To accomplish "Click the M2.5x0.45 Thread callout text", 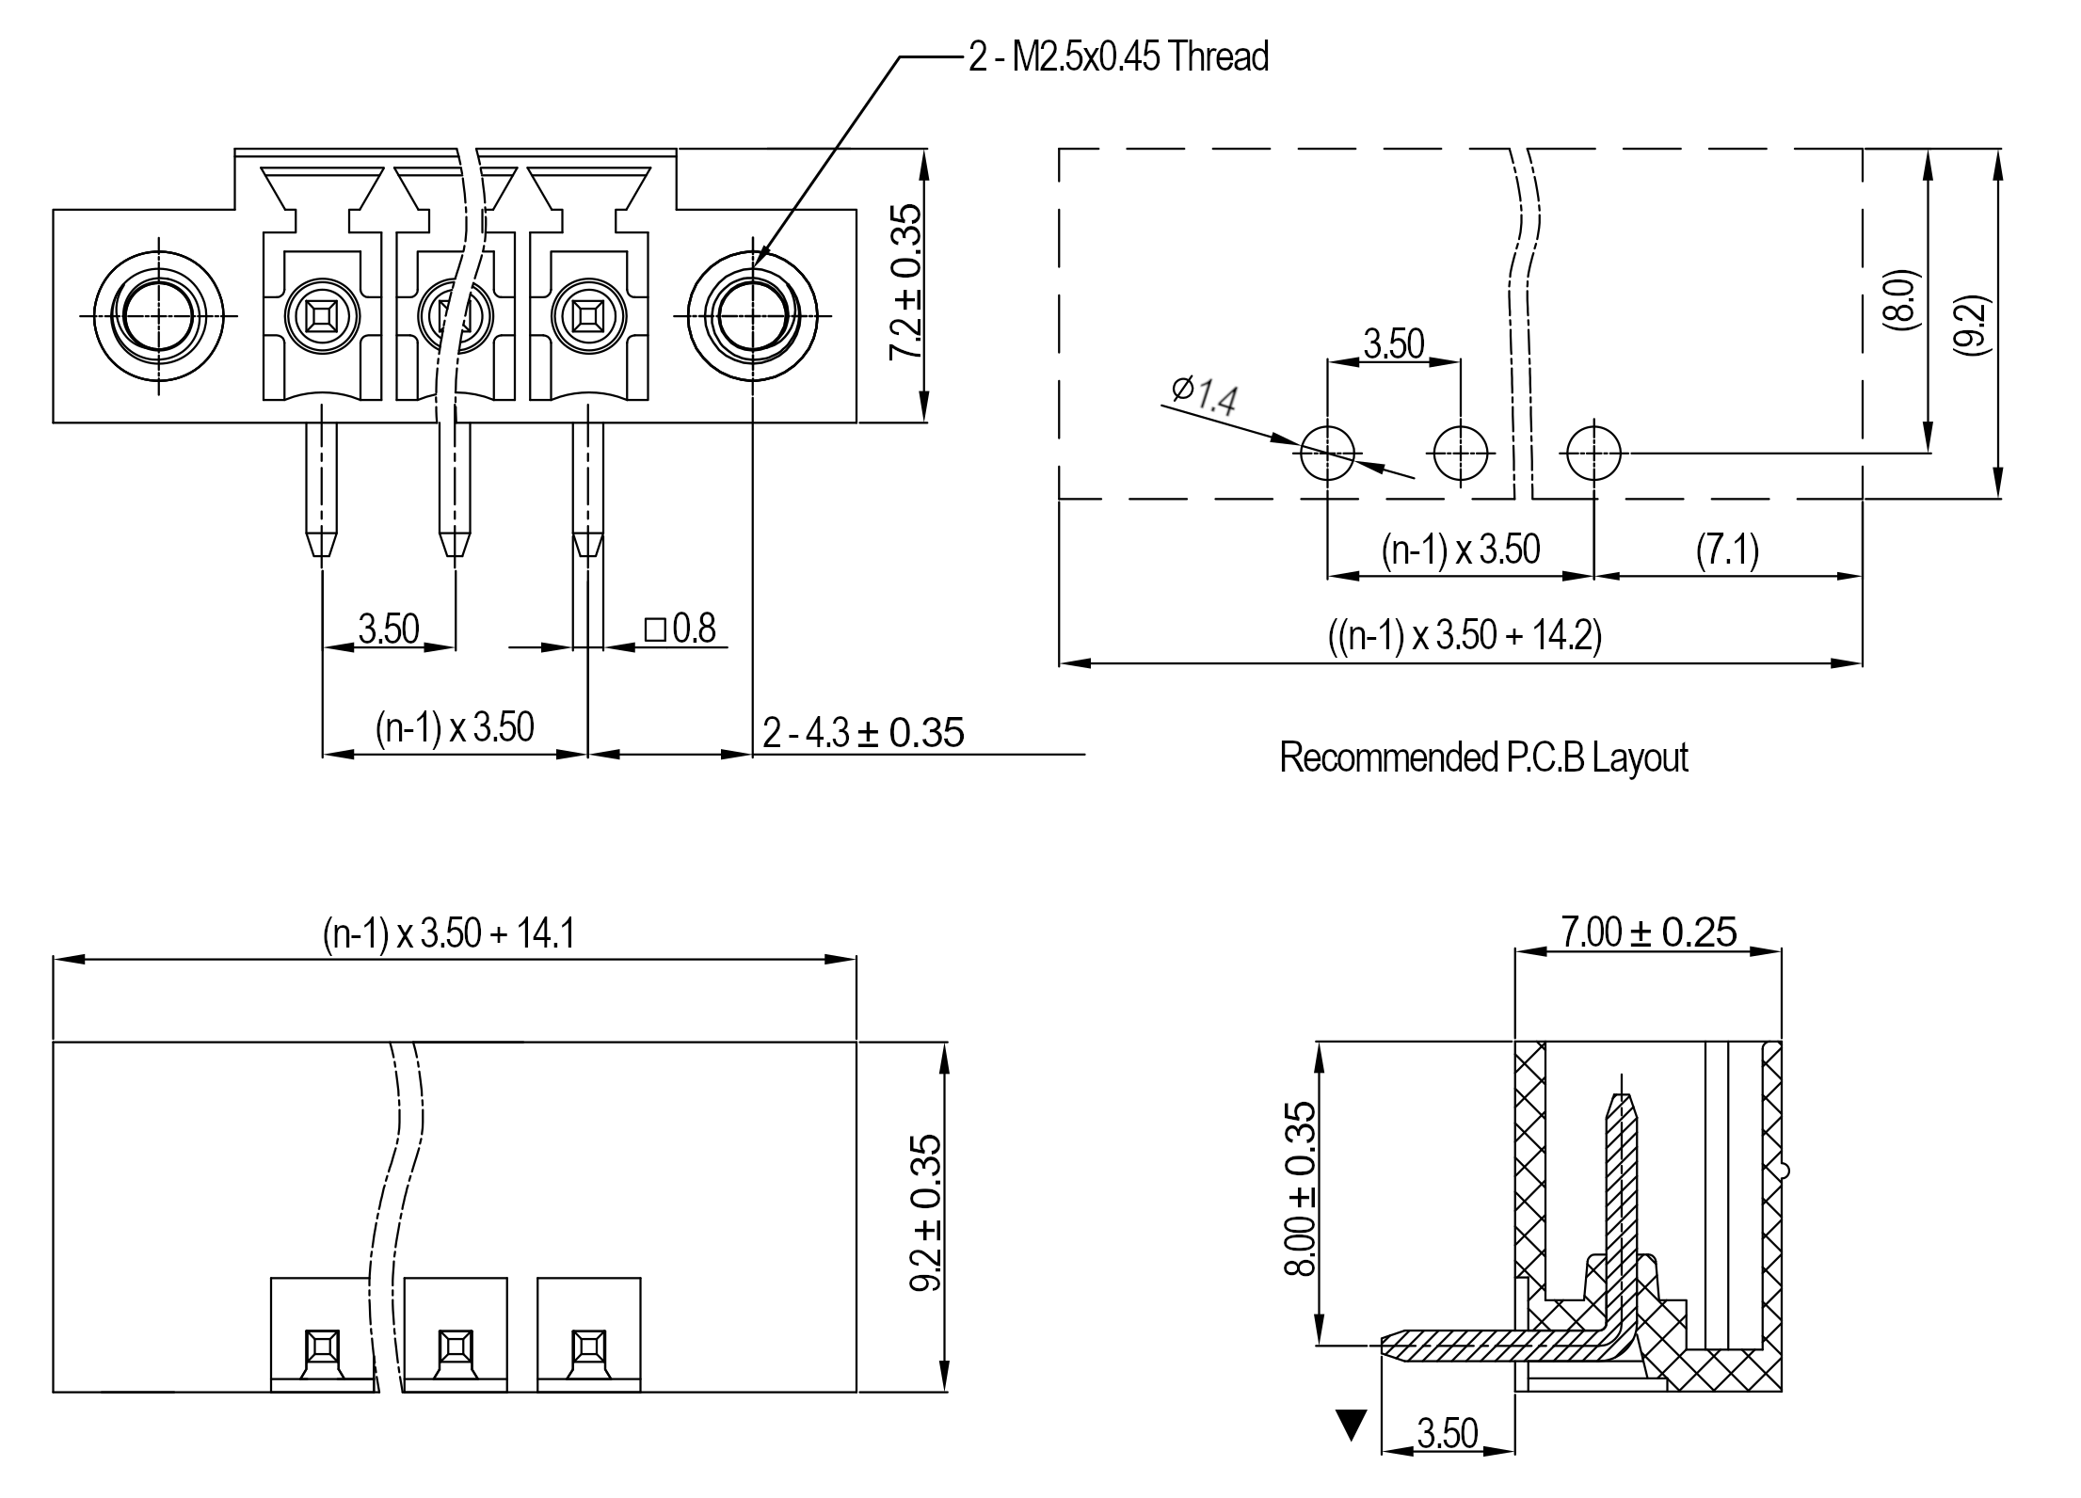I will coord(1119,57).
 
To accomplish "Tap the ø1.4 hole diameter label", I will coord(1205,395).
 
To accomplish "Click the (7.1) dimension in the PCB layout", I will coord(1727,550).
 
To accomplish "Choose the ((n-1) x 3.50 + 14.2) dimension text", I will coord(1465,636).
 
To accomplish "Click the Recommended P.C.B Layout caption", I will coord(1483,757).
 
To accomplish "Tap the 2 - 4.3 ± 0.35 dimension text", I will coord(863,733).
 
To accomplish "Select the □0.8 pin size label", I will coord(680,629).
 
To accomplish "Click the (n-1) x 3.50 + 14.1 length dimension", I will coord(448,933).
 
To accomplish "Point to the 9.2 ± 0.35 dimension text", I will coord(925,1213).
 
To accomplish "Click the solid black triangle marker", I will coord(1352,1425).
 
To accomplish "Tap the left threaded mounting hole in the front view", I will coord(158,315).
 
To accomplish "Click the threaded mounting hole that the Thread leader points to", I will coord(753,315).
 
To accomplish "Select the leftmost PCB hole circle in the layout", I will coord(1327,453).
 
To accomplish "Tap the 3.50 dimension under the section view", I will coord(1448,1433).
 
